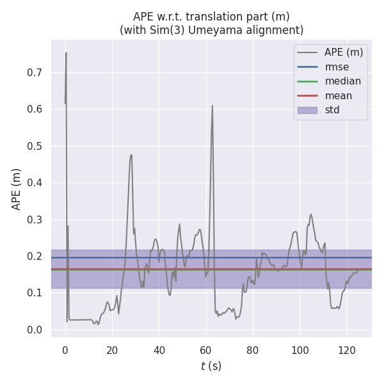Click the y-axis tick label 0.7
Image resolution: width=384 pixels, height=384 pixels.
[x=35, y=72]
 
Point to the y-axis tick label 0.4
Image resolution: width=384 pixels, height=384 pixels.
[x=35, y=183]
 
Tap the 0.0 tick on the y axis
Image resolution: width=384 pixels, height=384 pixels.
[x=35, y=330]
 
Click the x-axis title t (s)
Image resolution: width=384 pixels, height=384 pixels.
[x=211, y=366]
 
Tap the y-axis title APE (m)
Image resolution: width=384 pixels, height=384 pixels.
[x=17, y=189]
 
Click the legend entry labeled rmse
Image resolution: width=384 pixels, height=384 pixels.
[x=335, y=67]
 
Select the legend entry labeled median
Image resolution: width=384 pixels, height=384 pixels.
[x=342, y=81]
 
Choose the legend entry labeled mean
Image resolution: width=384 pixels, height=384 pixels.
[x=338, y=95]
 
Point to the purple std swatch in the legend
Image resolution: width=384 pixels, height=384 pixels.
[x=307, y=110]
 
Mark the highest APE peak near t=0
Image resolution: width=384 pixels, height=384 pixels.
[x=66, y=53]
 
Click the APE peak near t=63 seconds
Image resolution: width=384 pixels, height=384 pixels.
[x=212, y=106]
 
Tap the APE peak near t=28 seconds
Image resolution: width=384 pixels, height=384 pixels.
[x=131, y=155]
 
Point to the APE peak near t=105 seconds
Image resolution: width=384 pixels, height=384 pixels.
[x=311, y=214]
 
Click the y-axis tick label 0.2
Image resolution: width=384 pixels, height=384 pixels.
[x=35, y=257]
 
